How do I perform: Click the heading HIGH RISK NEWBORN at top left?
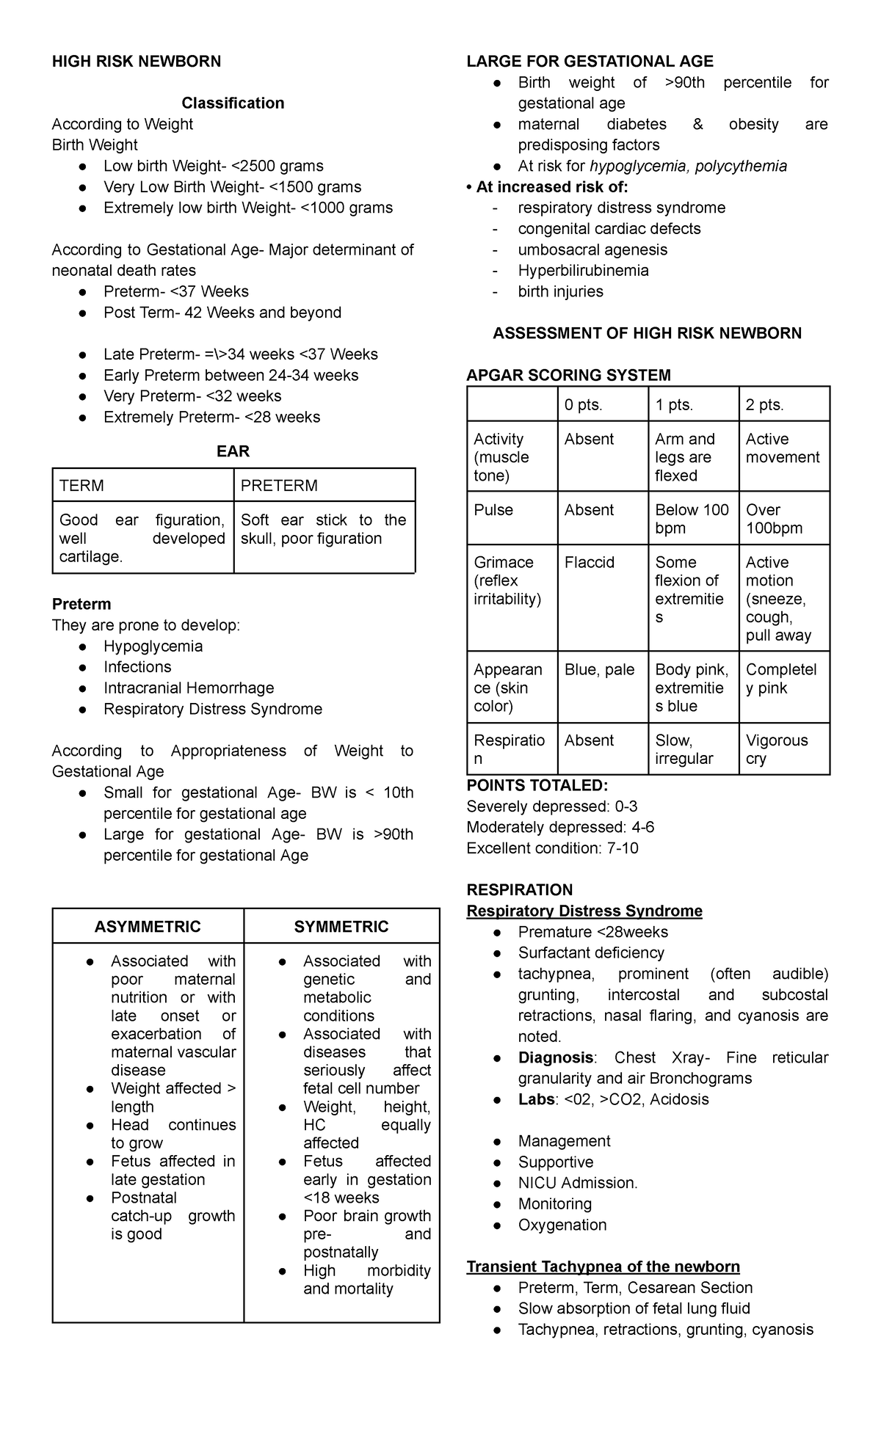point(136,62)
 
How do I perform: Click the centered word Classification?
point(233,103)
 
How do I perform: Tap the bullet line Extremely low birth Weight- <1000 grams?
point(248,208)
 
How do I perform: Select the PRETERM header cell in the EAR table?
point(279,486)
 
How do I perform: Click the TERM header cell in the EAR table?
point(81,486)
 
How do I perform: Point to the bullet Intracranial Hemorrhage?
point(189,688)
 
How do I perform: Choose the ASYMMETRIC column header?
point(148,927)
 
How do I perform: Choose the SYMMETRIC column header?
point(341,927)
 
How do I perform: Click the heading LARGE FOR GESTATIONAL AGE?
point(590,62)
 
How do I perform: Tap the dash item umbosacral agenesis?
point(592,250)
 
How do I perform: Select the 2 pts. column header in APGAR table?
point(765,405)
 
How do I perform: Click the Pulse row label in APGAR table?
point(493,510)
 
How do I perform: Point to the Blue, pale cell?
point(599,670)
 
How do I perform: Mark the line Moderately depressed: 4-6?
point(560,828)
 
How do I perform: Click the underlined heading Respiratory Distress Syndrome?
point(584,911)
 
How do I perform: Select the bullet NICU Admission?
point(578,1183)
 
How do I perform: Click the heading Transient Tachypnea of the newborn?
point(603,1267)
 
